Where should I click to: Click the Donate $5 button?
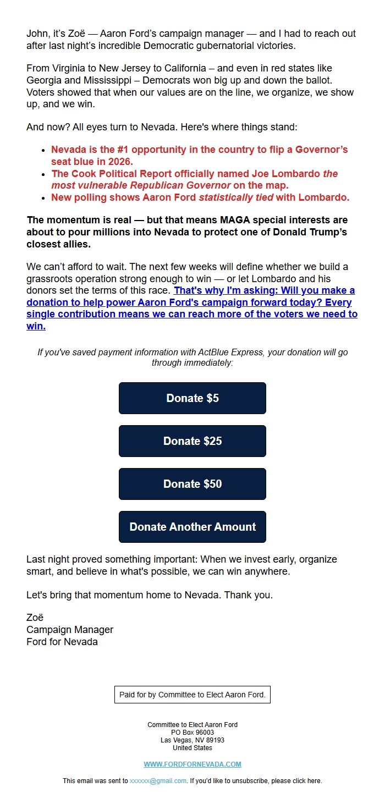[193, 398]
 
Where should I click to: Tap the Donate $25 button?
[193, 441]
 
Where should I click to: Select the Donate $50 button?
[193, 484]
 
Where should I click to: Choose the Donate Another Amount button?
[193, 527]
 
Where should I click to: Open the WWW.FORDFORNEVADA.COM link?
[193, 764]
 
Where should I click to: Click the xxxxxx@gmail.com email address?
[158, 781]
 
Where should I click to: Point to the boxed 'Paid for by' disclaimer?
[193, 695]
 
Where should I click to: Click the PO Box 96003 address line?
[193, 733]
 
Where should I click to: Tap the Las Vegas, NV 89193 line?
[193, 740]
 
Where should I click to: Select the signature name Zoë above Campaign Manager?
[35, 618]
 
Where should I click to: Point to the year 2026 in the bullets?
[120, 162]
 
